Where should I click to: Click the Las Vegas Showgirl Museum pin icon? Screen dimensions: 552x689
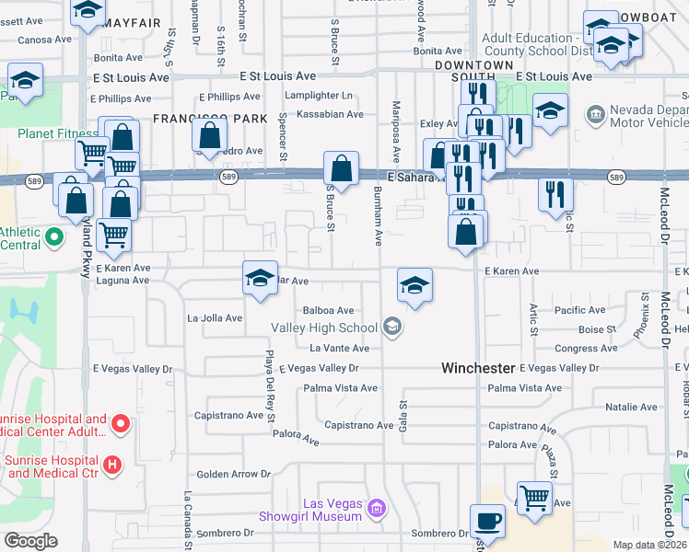tap(375, 508)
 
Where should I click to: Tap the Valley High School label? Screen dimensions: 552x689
tap(323, 328)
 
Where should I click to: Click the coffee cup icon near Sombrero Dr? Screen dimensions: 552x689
tap(487, 521)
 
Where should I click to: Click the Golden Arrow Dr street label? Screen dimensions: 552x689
tap(233, 475)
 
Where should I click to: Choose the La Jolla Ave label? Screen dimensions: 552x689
tap(215, 318)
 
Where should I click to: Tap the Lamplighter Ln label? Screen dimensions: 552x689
tap(319, 96)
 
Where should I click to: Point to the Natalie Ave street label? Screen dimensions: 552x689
tap(630, 407)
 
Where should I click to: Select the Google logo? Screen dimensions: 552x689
tap(30, 541)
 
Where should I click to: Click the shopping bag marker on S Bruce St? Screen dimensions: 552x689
tap(341, 170)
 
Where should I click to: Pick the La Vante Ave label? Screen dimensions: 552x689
tap(339, 349)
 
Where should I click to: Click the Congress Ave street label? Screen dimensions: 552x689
tap(579, 349)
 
